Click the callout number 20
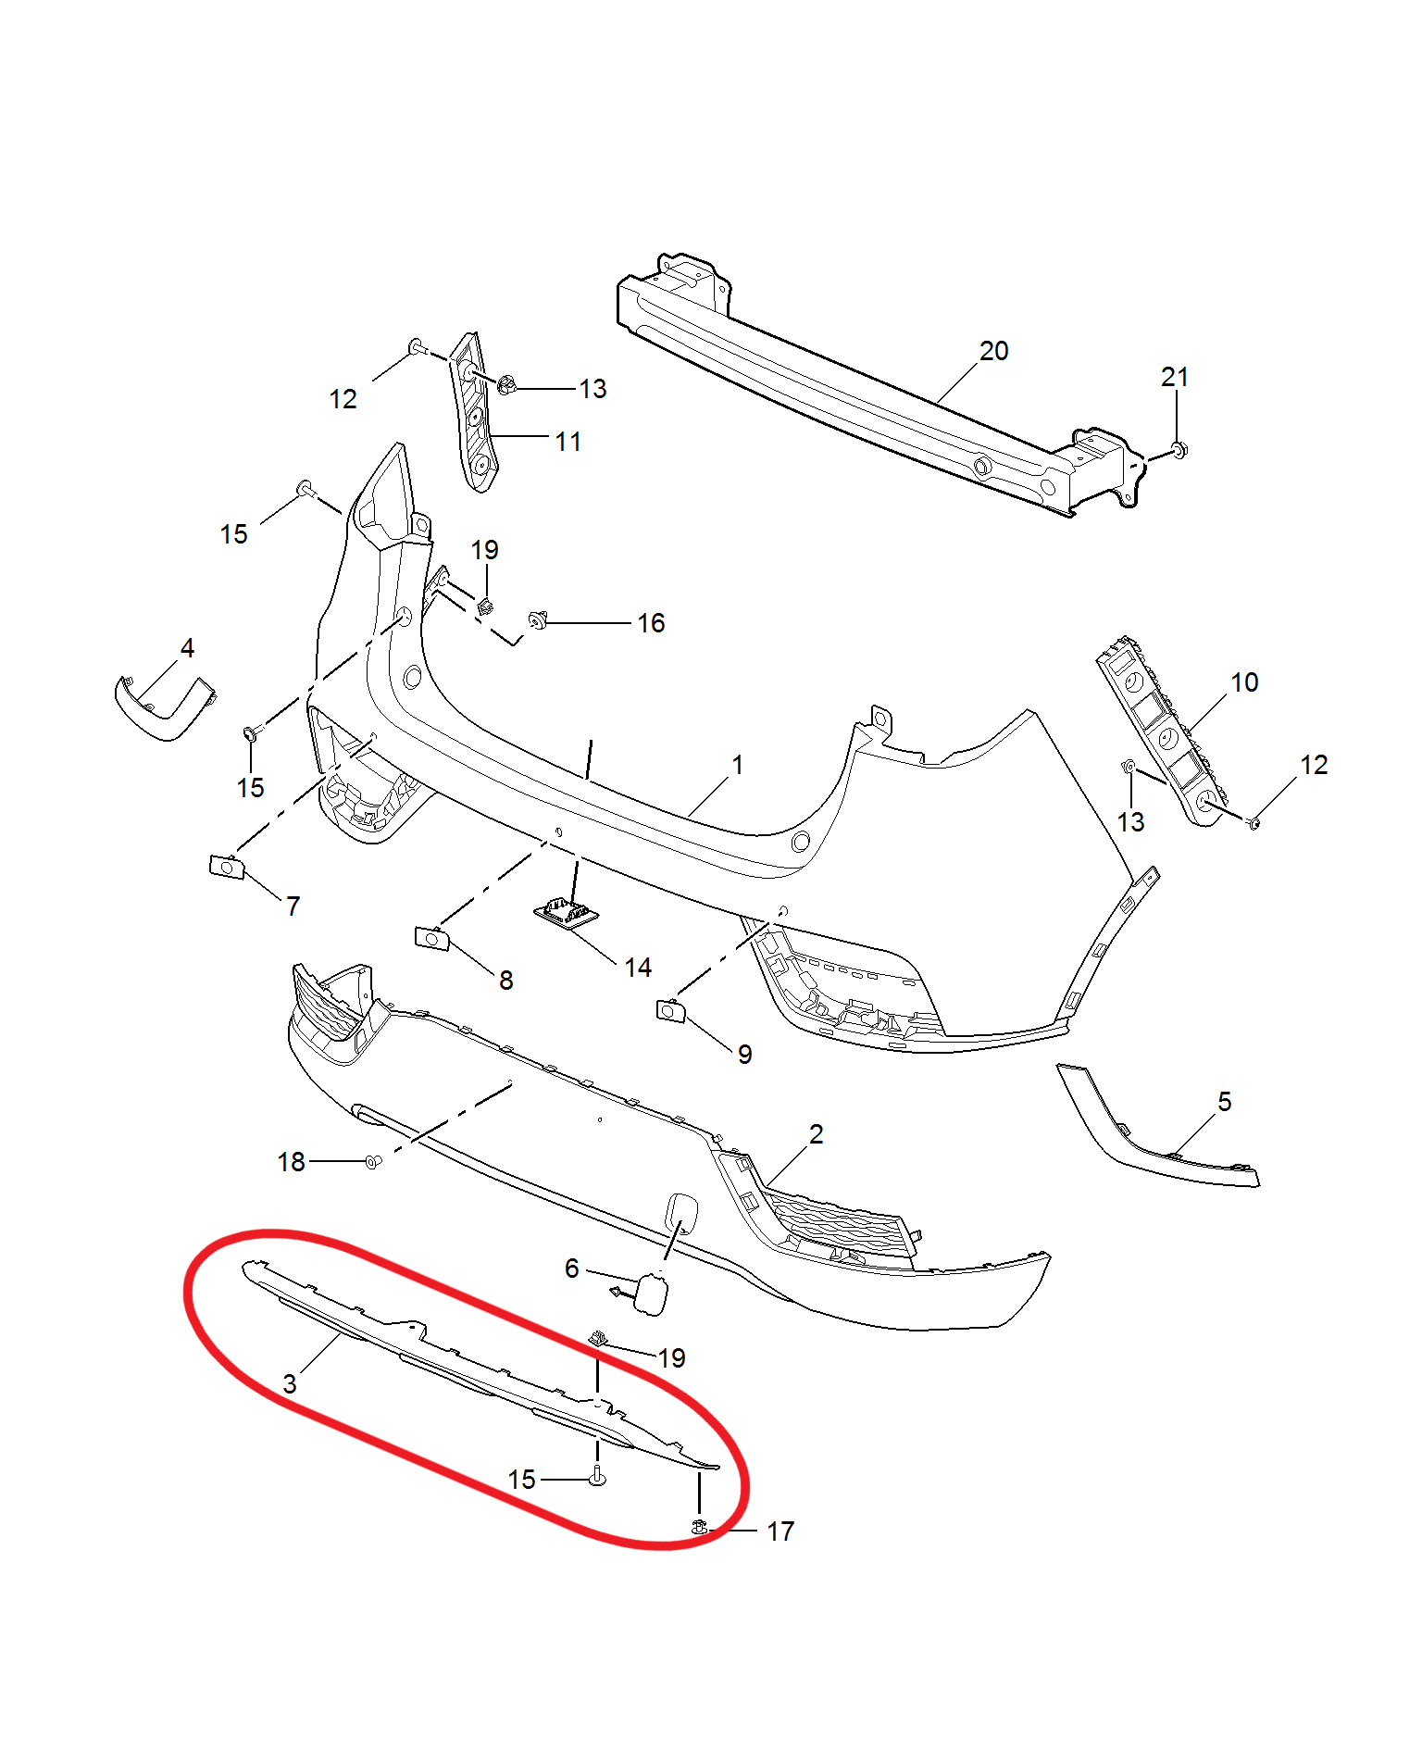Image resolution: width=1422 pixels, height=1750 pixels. pyautogui.click(x=993, y=351)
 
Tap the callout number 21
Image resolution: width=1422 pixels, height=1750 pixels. pyautogui.click(x=1174, y=377)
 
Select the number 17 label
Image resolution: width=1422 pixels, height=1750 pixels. pyautogui.click(x=780, y=1531)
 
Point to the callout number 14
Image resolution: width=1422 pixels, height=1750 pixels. pyautogui.click(x=638, y=968)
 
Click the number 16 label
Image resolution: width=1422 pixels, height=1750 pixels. pyautogui.click(x=651, y=623)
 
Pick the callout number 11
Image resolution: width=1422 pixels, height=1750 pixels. pyautogui.click(x=568, y=442)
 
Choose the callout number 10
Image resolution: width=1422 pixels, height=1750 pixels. pyautogui.click(x=1244, y=682)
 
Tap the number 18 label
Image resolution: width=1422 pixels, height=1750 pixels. pyautogui.click(x=291, y=1162)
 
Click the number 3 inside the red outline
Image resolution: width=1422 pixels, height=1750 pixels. pyautogui.click(x=290, y=1383)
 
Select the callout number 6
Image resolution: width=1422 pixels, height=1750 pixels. pyautogui.click(x=571, y=1268)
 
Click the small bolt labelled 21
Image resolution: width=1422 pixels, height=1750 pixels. pyautogui.click(x=1178, y=450)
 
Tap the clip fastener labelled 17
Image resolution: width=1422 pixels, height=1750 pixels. pyautogui.click(x=700, y=1527)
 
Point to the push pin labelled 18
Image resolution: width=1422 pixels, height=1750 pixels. pyautogui.click(x=372, y=1162)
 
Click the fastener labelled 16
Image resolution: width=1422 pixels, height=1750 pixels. pyautogui.click(x=538, y=619)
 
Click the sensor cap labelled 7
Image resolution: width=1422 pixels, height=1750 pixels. pyautogui.click(x=227, y=868)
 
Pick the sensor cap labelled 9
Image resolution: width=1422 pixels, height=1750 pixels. pyautogui.click(x=670, y=1011)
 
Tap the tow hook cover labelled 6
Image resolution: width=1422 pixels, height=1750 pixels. pyautogui.click(x=649, y=1294)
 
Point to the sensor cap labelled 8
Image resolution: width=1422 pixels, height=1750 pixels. pyautogui.click(x=432, y=939)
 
